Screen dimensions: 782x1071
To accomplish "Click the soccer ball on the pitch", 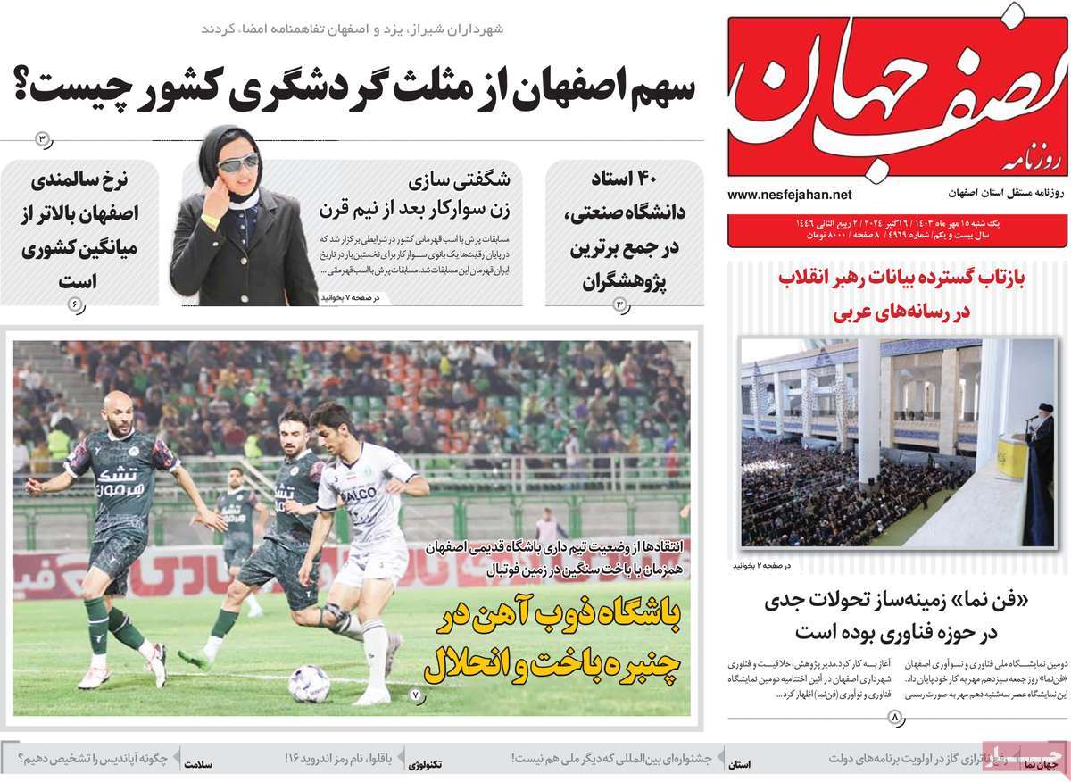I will click(309, 683).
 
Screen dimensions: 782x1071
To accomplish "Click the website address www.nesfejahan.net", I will click(789, 195).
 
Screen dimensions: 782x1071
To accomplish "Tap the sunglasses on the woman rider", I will click(237, 162).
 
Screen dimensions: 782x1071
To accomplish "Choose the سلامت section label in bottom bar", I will click(199, 765).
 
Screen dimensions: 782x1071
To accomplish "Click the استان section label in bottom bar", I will click(739, 765).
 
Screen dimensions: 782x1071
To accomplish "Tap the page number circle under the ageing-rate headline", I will click(75, 304).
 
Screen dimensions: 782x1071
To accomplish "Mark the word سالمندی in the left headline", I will click(79, 179).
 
